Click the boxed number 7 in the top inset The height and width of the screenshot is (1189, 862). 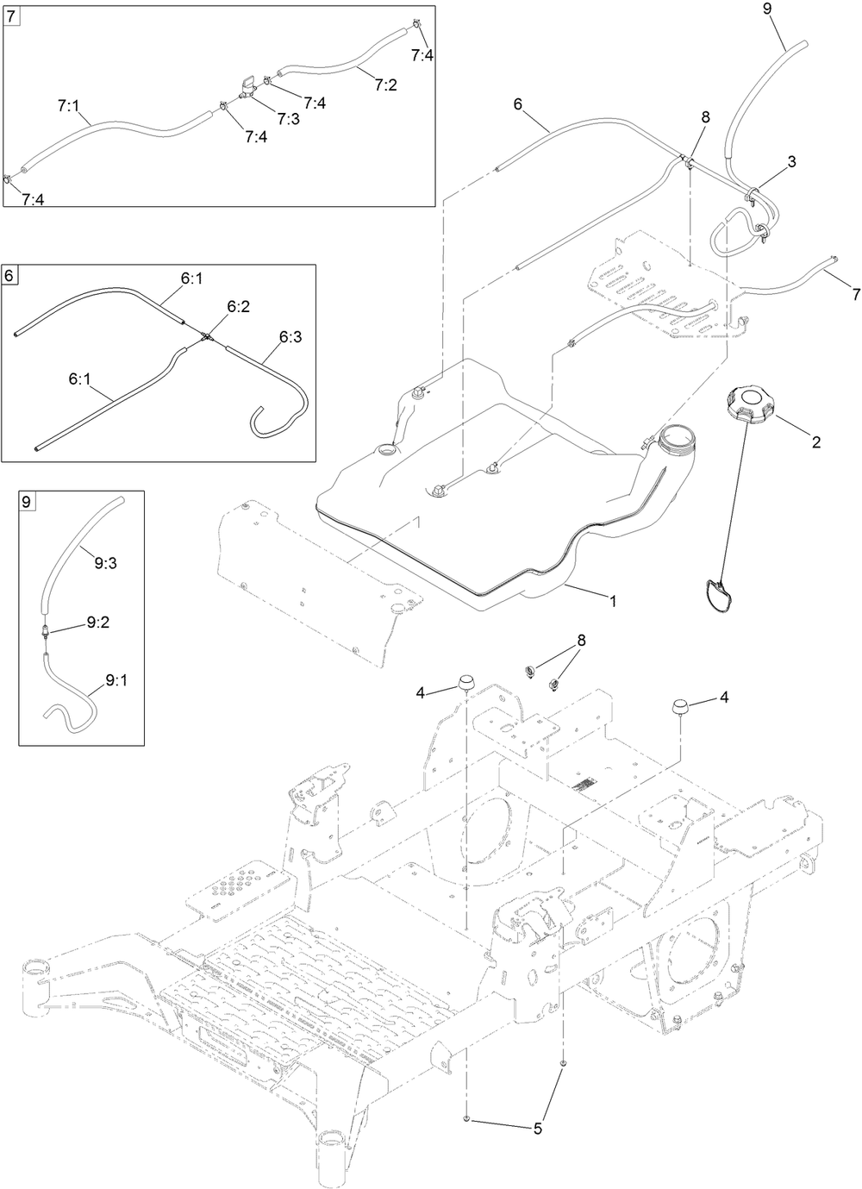coord(11,16)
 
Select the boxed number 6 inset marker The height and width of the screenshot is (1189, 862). coord(10,276)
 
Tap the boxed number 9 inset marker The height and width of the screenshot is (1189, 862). coord(28,501)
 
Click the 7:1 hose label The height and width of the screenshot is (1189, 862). coord(68,105)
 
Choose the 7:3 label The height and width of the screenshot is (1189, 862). coord(288,118)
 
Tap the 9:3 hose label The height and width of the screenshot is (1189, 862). coord(105,564)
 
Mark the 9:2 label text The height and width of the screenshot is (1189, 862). coord(97,621)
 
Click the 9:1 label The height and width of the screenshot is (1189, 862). coord(116,680)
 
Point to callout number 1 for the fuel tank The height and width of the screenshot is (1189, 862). coord(613,601)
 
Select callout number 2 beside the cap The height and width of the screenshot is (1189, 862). coord(815,443)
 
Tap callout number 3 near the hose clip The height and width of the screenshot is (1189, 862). coord(790,161)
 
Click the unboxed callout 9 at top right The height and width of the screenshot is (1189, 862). coord(767,9)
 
